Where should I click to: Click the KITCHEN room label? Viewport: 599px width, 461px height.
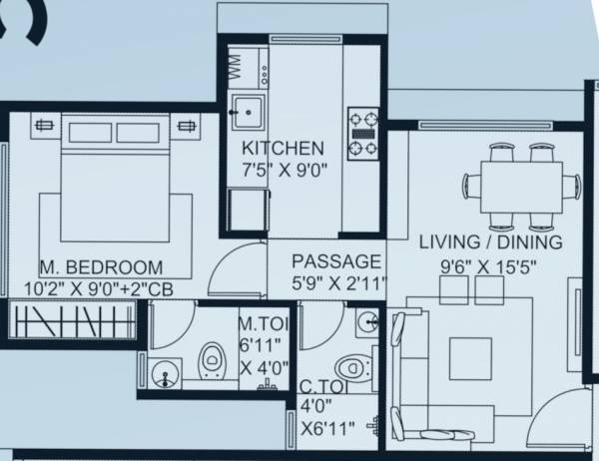[x=284, y=148]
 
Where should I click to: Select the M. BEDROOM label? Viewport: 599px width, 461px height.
[x=101, y=267]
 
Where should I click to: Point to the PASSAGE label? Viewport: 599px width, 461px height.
[x=335, y=261]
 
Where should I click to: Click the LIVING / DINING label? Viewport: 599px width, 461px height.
[x=490, y=242]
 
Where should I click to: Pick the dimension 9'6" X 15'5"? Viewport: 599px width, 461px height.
[x=489, y=266]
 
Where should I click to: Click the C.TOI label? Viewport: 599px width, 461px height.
[x=322, y=388]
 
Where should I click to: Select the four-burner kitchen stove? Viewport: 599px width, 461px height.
[x=362, y=133]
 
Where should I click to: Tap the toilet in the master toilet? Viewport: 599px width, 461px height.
[x=212, y=361]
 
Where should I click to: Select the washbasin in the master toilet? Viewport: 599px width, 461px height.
[x=165, y=376]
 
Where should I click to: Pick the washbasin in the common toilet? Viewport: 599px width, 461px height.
[x=367, y=322]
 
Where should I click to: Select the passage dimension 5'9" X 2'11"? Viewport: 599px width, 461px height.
[x=337, y=284]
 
